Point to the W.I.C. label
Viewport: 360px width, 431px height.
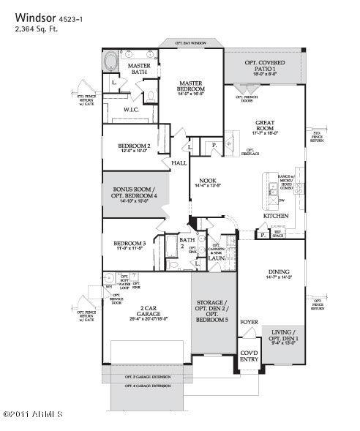click(132, 110)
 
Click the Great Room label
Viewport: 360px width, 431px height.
click(265, 126)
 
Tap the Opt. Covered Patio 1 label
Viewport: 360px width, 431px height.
click(266, 68)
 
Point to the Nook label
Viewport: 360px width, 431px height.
click(207, 183)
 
